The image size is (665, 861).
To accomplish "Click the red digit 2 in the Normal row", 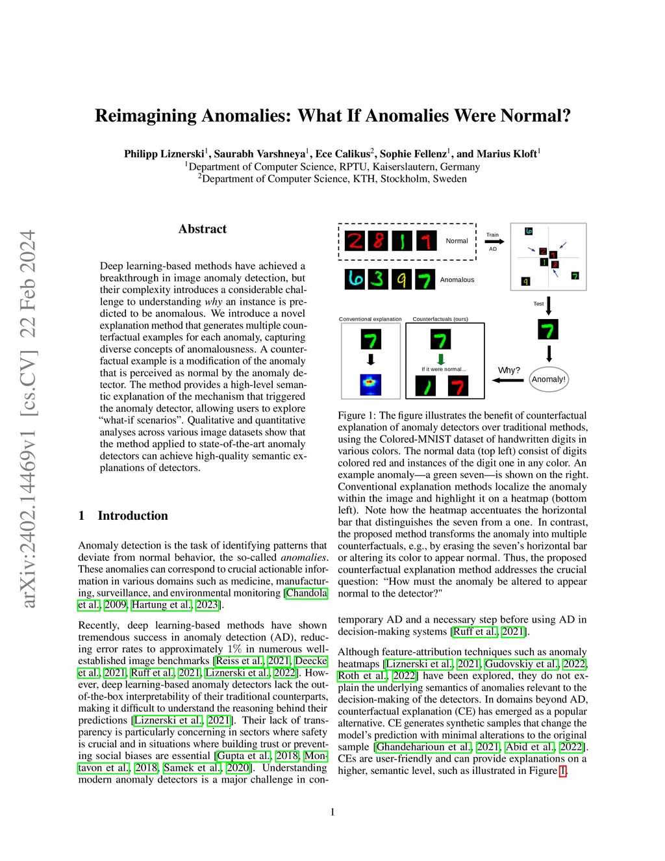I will tap(355, 241).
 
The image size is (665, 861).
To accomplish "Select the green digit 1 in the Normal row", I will tap(402, 241).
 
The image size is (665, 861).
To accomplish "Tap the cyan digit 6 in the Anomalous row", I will tap(355, 279).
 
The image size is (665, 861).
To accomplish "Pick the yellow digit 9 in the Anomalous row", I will tap(401, 279).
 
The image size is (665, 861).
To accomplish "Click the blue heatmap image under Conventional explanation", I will tap(371, 385).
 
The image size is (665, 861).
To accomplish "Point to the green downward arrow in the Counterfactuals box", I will tap(441, 359).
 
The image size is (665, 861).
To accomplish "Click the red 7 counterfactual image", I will tap(458, 387).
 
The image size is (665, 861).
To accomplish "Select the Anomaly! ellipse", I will tap(549, 379).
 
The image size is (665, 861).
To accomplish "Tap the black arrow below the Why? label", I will tap(508, 380).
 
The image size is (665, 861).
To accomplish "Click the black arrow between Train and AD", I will tap(494, 242).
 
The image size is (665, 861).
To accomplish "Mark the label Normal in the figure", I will tap(457, 241).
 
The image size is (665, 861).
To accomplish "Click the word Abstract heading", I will tap(203, 229).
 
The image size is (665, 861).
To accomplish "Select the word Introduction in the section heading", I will tap(132, 515).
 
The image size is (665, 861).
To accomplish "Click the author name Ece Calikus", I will tap(342, 154).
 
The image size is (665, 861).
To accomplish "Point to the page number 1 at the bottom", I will tap(332, 812).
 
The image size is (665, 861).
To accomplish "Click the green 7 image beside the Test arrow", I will tap(548, 330).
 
